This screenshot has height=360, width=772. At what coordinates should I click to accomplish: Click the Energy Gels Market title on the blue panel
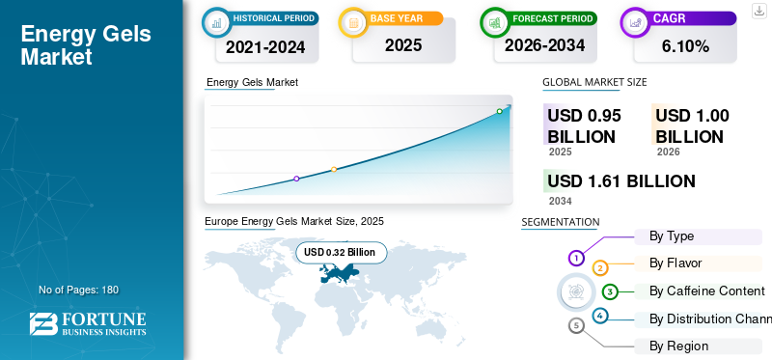86,45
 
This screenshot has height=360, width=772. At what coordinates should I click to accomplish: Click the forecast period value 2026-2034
543,45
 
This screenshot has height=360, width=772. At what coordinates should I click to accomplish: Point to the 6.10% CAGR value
685,45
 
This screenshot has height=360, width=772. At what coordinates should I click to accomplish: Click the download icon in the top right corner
758,11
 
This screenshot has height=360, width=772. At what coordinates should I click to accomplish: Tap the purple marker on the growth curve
296,179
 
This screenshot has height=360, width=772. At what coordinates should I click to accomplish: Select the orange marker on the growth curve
334,169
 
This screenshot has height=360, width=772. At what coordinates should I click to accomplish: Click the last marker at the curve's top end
499,111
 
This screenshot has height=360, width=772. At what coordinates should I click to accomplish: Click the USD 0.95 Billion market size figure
584,125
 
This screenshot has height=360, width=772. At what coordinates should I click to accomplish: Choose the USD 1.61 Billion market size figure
620,180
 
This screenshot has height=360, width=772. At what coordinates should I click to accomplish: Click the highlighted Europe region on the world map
340,274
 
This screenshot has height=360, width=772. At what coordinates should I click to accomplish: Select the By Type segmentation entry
672,235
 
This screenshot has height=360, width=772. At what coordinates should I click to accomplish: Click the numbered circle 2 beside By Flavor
600,267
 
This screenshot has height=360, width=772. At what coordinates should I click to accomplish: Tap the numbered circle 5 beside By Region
577,325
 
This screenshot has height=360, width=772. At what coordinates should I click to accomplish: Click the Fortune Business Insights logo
87,323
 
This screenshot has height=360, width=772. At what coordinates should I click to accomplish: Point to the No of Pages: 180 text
78,290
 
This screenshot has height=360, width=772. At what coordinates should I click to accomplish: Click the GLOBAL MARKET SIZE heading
594,83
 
